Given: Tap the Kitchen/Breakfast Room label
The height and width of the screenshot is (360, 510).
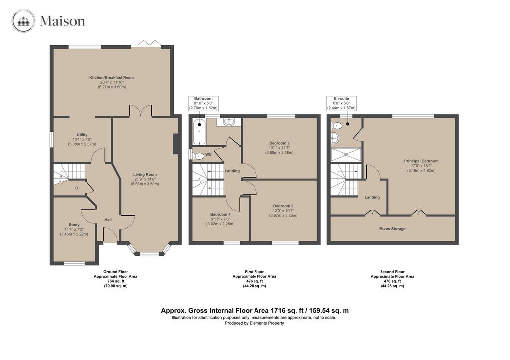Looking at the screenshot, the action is [112, 77].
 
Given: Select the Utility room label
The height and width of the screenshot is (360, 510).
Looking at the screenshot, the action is [82, 135].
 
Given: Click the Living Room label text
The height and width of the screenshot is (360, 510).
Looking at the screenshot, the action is [145, 175].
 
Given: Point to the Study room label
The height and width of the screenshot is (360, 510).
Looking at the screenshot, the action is [74, 225].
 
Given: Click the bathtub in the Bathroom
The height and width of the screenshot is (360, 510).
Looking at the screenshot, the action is [199, 132].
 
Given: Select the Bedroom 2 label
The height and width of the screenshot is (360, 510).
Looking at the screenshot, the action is [280, 143].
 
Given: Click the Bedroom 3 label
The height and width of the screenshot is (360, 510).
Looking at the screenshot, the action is [283, 206].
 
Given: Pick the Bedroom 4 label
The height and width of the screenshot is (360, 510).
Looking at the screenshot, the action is [220, 214].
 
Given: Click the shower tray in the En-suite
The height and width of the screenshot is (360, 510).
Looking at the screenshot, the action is [346, 155].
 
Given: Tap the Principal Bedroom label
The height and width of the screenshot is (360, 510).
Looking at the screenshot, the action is [421, 161].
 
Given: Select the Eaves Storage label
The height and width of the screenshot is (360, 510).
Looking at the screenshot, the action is [392, 229].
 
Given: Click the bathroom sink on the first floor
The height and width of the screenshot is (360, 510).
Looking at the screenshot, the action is [229, 121].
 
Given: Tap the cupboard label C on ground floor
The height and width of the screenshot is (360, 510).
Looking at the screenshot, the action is [76, 188].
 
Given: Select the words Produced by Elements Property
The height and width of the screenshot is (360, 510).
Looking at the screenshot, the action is [255, 323].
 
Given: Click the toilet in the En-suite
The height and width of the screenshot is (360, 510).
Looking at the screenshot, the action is [336, 126].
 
